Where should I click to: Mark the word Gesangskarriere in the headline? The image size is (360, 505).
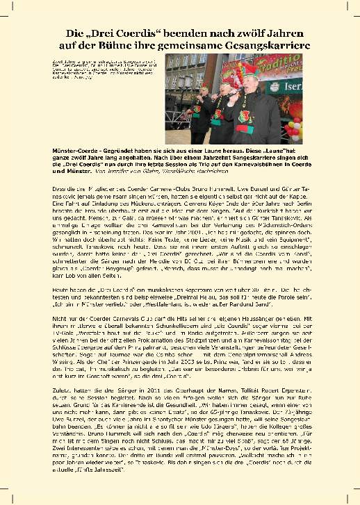tap(265, 44)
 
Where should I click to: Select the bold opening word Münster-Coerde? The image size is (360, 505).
tap(74, 151)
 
